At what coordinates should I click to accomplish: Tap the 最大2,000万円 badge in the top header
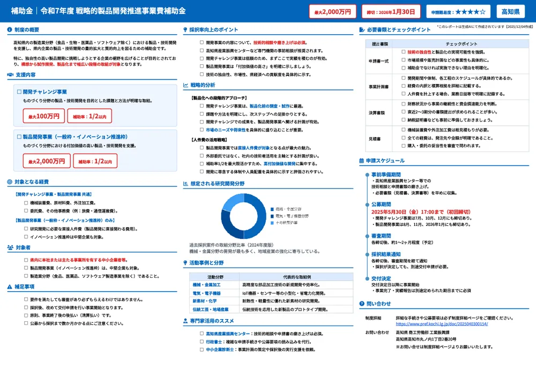click(x=332, y=12)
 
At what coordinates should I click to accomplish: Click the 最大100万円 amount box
click(x=43, y=116)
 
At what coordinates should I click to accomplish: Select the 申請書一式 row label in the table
click(x=379, y=62)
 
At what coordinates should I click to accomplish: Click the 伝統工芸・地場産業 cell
click(x=211, y=309)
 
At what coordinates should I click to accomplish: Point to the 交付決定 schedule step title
click(x=381, y=278)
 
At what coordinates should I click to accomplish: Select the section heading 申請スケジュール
click(x=385, y=160)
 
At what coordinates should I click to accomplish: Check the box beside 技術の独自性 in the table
click(x=403, y=52)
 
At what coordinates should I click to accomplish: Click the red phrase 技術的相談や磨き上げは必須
click(x=280, y=42)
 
